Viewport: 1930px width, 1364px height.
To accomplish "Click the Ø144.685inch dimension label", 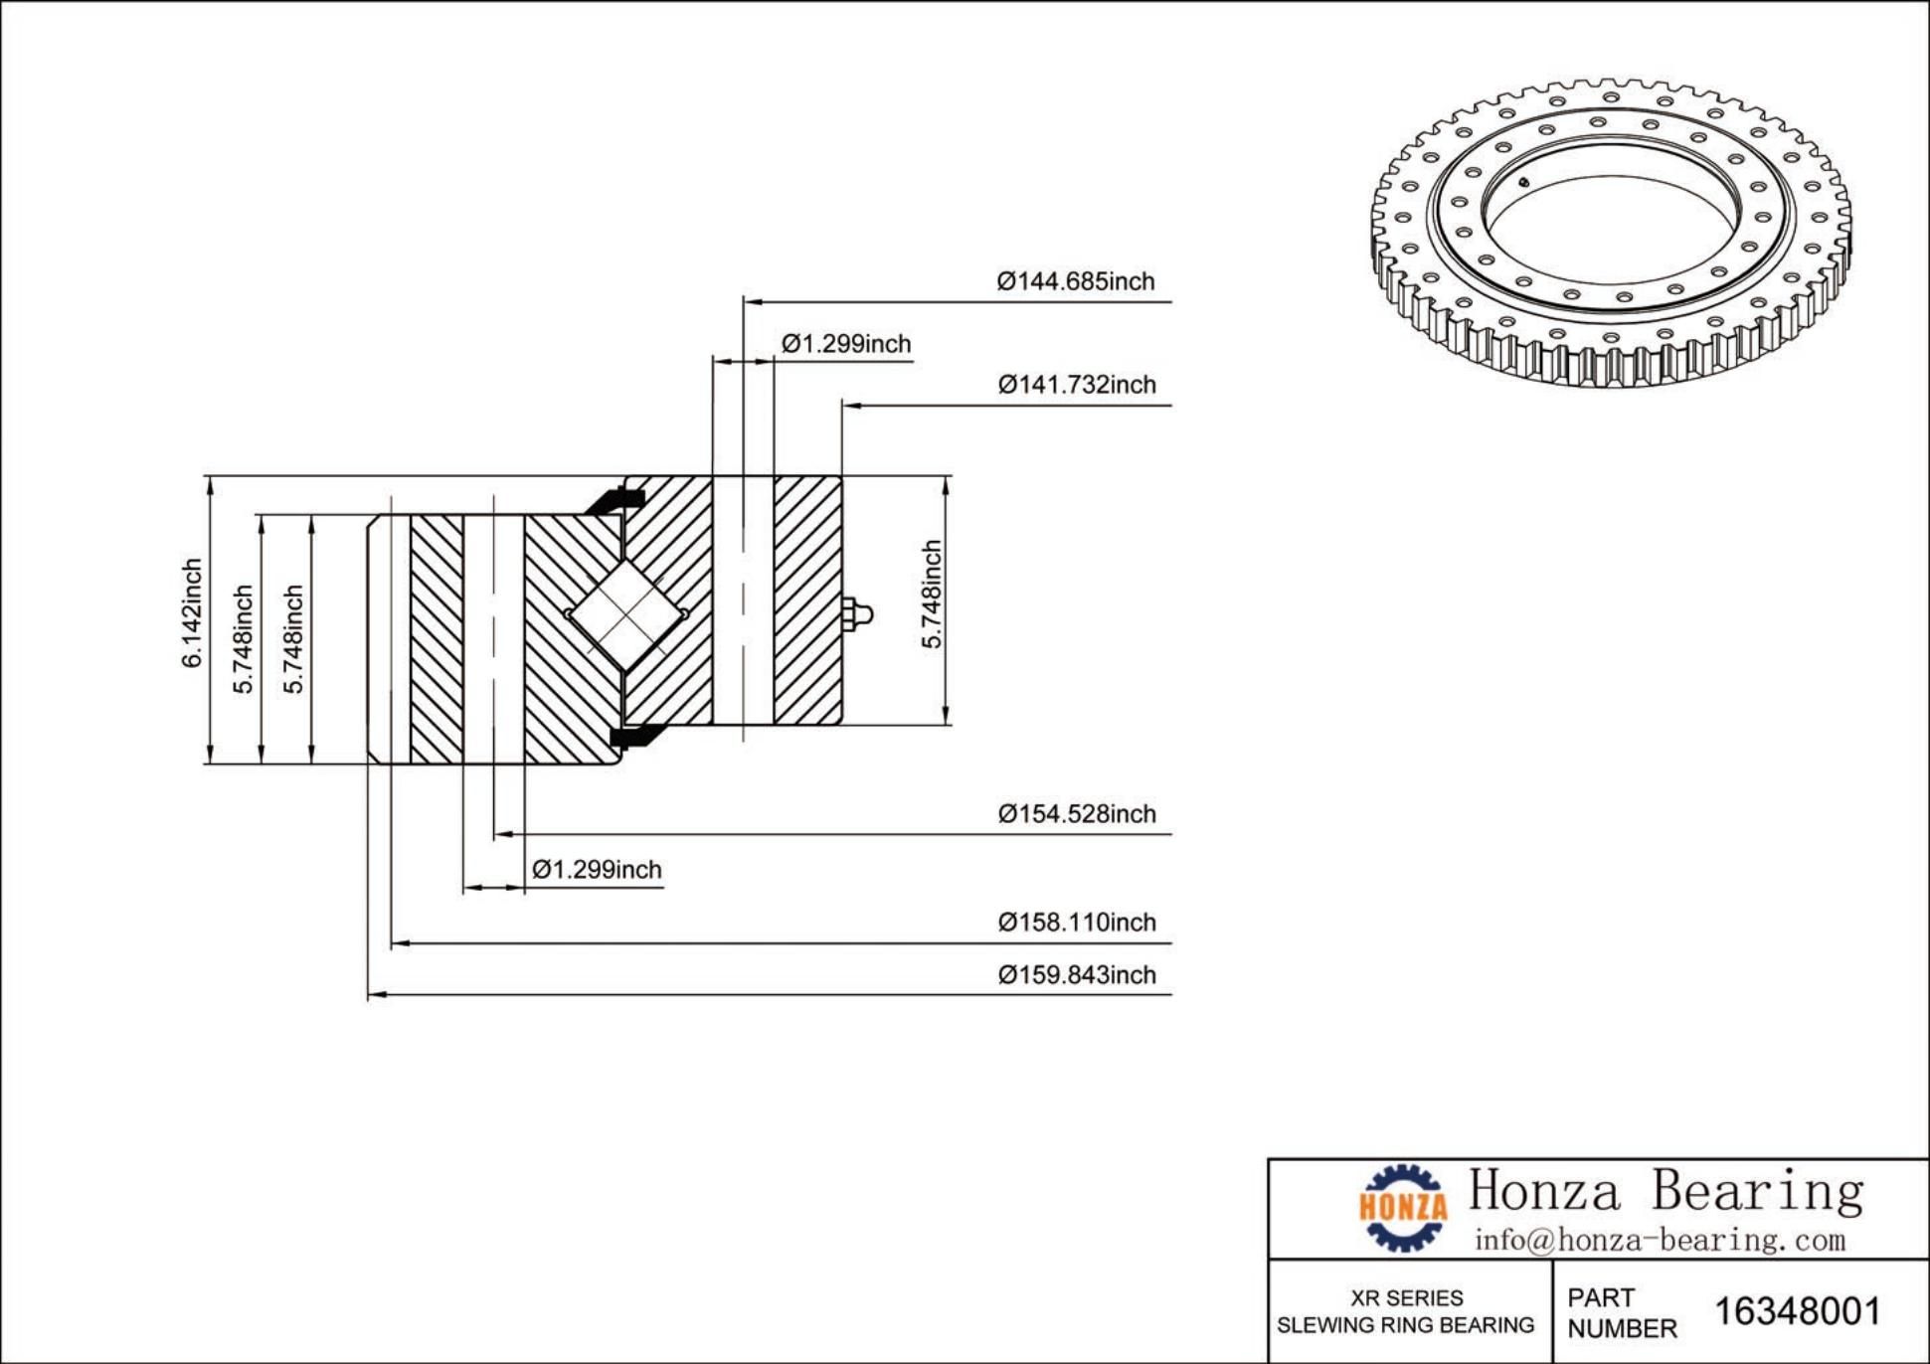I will coord(1076,281).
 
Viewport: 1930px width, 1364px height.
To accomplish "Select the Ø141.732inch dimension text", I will coord(1077,385).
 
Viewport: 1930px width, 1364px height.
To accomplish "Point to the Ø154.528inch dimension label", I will coord(1077,814).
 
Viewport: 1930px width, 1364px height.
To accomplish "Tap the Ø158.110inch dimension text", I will coord(1077,923).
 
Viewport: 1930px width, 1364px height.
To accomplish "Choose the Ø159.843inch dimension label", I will coord(1077,975).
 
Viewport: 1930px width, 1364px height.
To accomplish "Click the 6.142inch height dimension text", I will coord(192,612).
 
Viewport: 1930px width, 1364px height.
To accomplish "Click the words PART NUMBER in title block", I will coord(1621,1312).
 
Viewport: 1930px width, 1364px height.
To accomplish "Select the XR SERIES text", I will coord(1406,1298).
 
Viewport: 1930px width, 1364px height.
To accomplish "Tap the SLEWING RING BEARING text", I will coord(1405,1325).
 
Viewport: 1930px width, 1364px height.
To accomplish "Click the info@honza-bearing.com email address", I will coord(1660,1240).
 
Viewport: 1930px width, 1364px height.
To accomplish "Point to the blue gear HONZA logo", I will coord(1403,1207).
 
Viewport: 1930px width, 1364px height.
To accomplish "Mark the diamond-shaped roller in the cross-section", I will coord(625,613).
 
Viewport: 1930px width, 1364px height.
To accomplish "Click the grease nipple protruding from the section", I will coord(857,613).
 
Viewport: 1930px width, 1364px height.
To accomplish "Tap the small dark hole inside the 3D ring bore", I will coord(1522,181).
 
